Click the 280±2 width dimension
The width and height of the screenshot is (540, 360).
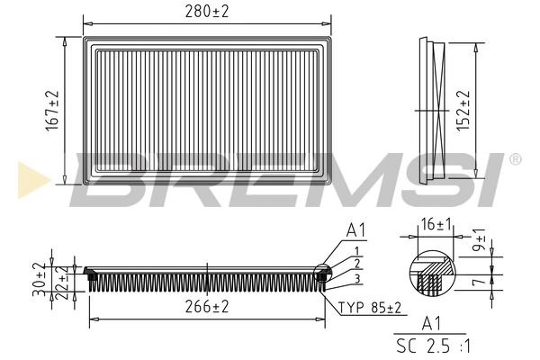[206, 11]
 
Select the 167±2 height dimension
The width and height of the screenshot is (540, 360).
[52, 108]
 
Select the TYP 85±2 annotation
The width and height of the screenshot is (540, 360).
[370, 308]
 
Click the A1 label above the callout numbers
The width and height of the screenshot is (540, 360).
[355, 231]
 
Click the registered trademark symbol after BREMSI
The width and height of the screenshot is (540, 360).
[515, 159]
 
